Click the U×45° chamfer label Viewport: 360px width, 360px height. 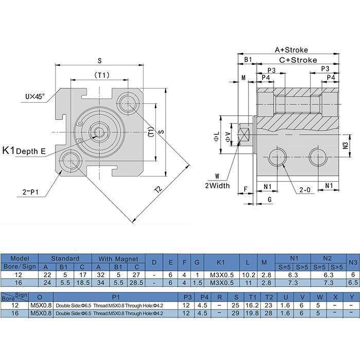35,96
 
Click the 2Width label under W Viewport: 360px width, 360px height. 217,185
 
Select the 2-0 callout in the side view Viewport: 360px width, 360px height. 305,190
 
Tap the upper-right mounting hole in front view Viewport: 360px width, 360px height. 127,103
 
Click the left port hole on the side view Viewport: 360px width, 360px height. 279,156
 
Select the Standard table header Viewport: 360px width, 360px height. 65,258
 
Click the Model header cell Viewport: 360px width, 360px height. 20,258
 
